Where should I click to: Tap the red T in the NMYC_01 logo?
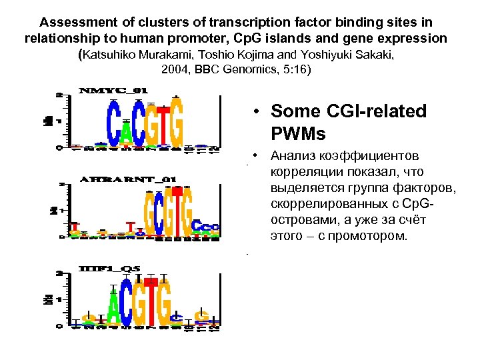point(153,127)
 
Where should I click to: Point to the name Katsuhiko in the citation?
point(113,55)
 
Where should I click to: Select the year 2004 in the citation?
point(176,69)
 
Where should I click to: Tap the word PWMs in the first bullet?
point(299,134)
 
